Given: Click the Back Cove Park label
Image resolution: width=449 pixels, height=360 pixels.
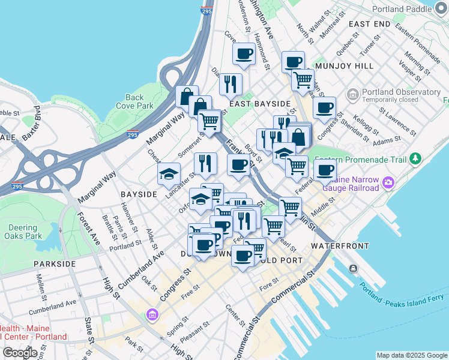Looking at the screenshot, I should pos(134,101).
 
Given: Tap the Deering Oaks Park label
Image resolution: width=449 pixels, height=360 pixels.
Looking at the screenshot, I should pos(26,232).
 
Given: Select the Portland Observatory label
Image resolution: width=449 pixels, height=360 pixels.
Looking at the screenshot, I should pos(401,92).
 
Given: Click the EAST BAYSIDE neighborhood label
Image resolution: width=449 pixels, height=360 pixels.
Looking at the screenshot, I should pos(255,104).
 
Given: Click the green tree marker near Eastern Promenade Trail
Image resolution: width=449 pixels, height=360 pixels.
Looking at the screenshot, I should pos(415,160).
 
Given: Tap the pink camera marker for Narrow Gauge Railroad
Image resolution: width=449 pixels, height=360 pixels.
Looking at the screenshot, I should pos(389,182).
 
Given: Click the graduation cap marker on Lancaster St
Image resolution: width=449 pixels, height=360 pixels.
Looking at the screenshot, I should pos(169,173).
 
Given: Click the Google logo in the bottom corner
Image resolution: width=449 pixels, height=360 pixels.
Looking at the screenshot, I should pos(20,352).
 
